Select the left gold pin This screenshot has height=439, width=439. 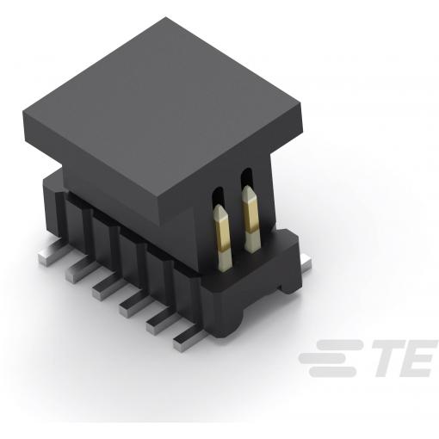[x=222, y=238]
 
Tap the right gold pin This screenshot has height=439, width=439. [x=251, y=219]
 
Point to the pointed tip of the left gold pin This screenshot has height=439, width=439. [x=219, y=206]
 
